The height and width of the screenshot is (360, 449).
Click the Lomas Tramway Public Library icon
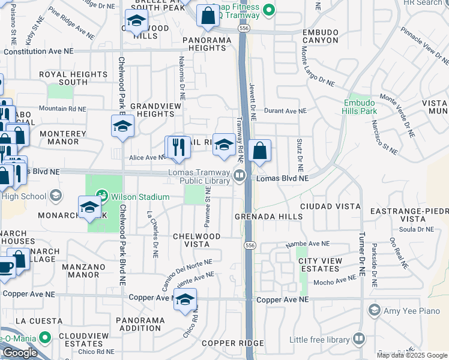tap(240, 175)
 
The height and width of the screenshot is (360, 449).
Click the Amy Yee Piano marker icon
tap(375, 310)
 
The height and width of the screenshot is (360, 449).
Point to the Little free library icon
tap(359, 339)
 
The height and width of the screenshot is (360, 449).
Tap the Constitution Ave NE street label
tap(38, 52)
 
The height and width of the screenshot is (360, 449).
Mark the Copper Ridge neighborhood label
tap(224, 343)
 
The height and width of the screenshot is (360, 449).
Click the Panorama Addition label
tap(141, 324)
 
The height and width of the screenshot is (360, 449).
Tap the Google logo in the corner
tap(20, 352)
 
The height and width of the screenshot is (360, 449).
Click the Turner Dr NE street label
tap(362, 254)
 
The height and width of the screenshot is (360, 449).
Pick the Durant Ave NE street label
tap(285, 111)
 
